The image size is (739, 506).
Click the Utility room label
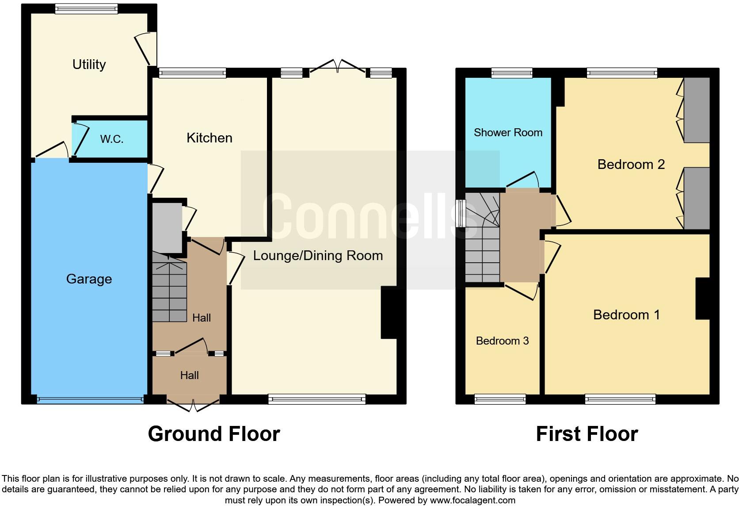point(89,65)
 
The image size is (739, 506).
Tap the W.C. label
point(111,139)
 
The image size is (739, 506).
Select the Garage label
point(89,279)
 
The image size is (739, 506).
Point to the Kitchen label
point(209,138)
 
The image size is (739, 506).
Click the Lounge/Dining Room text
point(317,256)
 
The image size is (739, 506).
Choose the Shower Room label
point(508,133)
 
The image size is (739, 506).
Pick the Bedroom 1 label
point(626,315)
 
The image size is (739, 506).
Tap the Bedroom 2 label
point(631,165)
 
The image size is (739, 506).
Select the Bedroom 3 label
point(502,341)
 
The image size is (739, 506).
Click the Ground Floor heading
point(214,434)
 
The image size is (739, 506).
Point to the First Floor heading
point(587,434)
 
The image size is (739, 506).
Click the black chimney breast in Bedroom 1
point(702,299)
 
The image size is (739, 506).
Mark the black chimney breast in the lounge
point(389,313)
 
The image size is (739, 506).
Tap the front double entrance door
point(193,404)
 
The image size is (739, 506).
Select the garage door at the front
point(90,400)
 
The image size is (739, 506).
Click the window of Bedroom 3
point(500,399)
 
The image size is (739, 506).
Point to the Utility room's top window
point(87,9)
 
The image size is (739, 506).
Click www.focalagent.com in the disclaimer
point(472,501)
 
